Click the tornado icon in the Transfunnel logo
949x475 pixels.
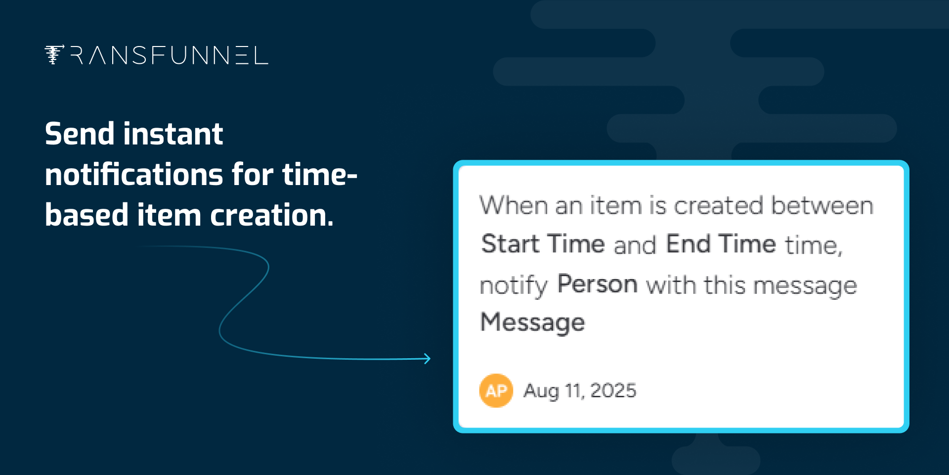pos(54,54)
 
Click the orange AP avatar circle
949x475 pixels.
pos(496,390)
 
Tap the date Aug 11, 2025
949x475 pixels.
pos(580,391)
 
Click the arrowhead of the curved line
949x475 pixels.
pos(427,359)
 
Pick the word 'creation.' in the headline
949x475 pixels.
pos(272,215)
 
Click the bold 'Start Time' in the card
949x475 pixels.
pos(543,244)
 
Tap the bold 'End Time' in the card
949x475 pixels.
pos(721,244)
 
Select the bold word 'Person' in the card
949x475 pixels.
pos(597,284)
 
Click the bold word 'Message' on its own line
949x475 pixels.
pos(532,323)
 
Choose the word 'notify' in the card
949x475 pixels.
pos(514,286)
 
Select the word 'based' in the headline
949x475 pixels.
pos(87,215)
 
